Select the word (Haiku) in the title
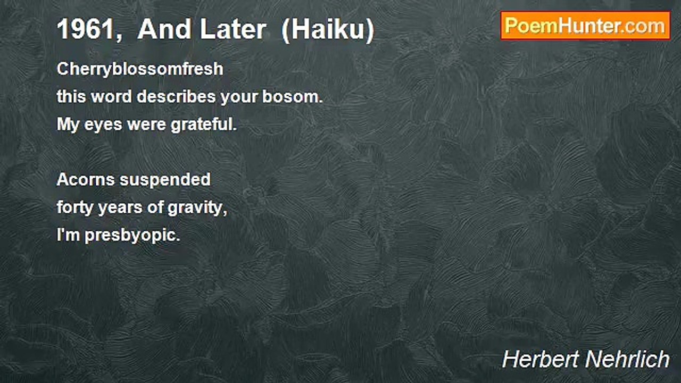point(328,30)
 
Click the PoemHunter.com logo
point(585,26)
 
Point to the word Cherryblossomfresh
point(140,69)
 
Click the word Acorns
point(86,180)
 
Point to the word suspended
point(165,180)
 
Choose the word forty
point(75,207)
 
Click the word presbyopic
point(132,236)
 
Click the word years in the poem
point(121,208)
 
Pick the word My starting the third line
point(67,126)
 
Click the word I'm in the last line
point(68,235)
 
